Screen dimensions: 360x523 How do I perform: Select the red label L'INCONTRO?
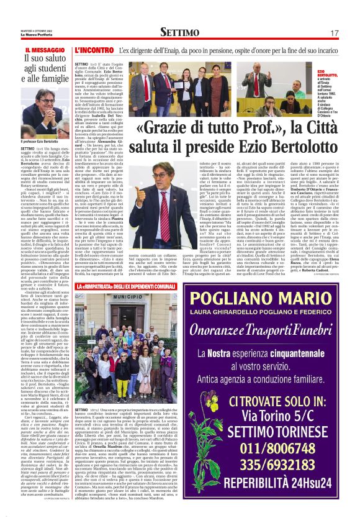tap(94, 48)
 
